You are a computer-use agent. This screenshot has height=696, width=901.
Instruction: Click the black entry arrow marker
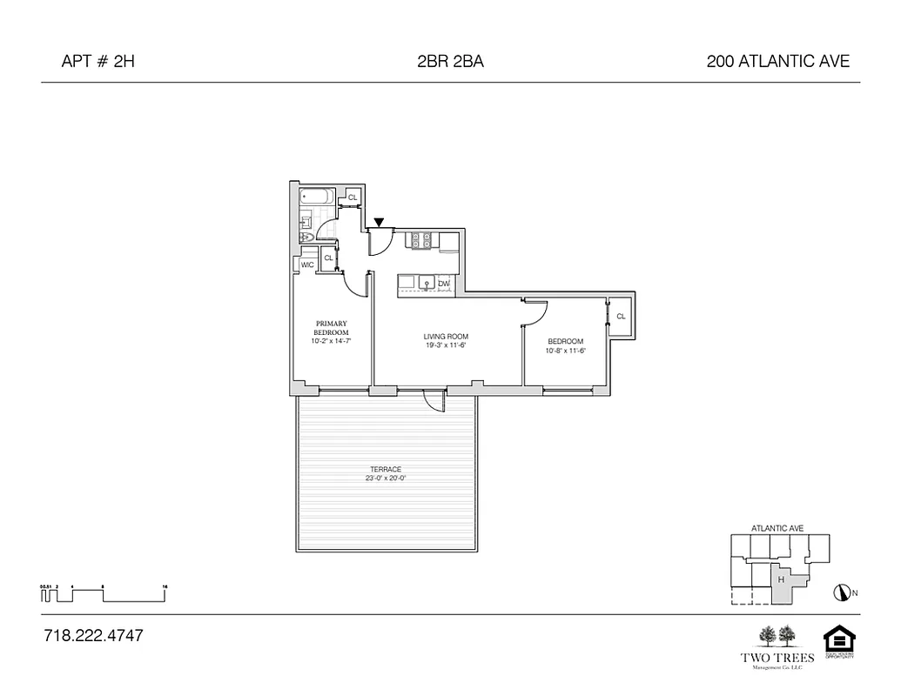[x=379, y=223]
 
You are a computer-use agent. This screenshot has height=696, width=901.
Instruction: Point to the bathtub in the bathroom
[x=317, y=197]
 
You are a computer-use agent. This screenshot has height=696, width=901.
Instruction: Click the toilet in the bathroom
[x=306, y=236]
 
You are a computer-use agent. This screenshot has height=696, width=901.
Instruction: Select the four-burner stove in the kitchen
[x=422, y=239]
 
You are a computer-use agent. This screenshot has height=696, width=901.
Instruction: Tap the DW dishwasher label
[x=444, y=284]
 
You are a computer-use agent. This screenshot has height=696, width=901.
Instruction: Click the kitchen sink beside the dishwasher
[x=426, y=283]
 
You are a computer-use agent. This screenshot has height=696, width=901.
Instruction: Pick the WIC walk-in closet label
[x=307, y=264]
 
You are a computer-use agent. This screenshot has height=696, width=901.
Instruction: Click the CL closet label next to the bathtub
[x=353, y=198]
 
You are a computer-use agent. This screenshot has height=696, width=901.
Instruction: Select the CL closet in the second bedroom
[x=621, y=317]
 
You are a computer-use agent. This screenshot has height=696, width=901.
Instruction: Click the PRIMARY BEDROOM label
[x=332, y=328]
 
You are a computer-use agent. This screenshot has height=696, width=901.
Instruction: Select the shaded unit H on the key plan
[x=781, y=581]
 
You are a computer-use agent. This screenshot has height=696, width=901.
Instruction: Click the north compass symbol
[x=840, y=592]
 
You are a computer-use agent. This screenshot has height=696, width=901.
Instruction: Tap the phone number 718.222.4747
[x=93, y=636]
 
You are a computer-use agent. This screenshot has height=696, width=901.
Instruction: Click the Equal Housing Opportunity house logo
[x=839, y=641]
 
